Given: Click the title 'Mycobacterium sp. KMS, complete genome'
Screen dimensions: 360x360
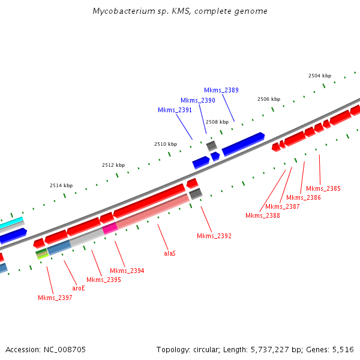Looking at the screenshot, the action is click(x=180, y=11).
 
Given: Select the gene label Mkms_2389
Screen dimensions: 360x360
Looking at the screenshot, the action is click(x=221, y=90).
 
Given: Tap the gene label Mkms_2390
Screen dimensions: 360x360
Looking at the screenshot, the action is click(x=197, y=100).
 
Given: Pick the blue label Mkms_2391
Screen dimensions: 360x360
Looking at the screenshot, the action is click(x=175, y=110).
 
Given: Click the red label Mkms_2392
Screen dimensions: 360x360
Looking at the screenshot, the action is click(x=214, y=236).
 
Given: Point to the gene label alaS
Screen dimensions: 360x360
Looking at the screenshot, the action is click(x=170, y=254).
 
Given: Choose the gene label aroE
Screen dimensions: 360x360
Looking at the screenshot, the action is click(x=79, y=288).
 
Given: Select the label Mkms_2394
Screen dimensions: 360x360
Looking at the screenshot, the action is click(x=127, y=271).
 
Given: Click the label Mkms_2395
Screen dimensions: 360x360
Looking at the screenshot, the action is click(x=103, y=280).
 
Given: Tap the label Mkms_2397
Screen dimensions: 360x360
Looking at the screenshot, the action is click(x=55, y=298).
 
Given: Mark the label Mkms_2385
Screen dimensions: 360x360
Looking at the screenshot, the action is click(x=323, y=188).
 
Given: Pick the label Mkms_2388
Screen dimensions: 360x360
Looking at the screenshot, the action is click(x=262, y=215).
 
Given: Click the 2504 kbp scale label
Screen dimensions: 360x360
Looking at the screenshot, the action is click(x=319, y=76).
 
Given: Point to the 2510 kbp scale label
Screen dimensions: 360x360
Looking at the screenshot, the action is click(x=166, y=144).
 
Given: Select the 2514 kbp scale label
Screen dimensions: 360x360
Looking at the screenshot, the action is click(x=61, y=185).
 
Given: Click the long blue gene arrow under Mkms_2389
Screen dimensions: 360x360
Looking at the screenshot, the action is click(x=243, y=144).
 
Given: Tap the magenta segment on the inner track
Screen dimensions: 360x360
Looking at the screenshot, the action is click(x=109, y=228).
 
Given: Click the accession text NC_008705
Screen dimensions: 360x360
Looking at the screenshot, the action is click(x=46, y=349).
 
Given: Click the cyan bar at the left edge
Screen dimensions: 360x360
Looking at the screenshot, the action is click(x=11, y=222).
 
